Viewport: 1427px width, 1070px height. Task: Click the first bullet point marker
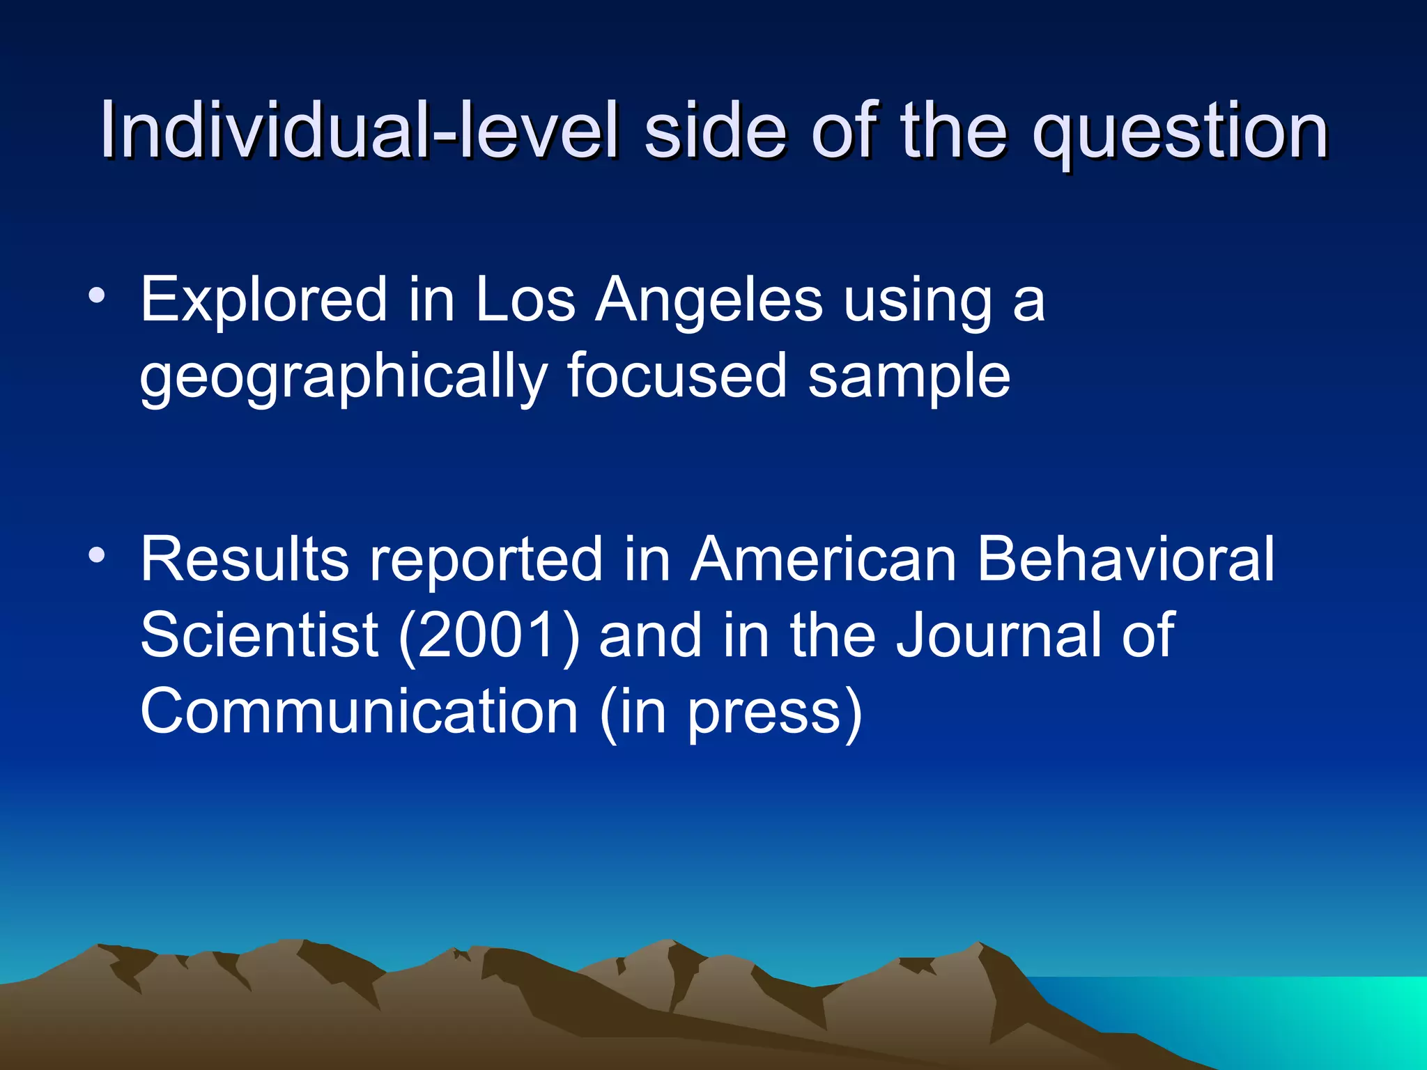(97, 297)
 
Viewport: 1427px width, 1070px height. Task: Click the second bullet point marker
(97, 556)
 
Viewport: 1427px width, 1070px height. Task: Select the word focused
(677, 376)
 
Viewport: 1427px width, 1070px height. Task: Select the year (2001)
(488, 635)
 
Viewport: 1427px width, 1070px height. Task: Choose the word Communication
(359, 711)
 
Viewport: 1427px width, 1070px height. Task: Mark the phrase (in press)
(731, 713)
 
